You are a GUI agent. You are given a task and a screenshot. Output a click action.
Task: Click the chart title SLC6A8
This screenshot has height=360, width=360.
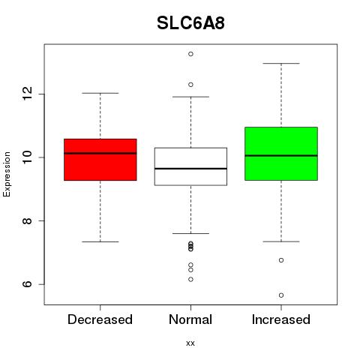190,23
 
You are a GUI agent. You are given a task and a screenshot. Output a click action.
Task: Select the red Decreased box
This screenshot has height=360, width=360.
100,160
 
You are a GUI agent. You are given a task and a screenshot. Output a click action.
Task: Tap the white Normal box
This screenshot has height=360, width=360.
190,166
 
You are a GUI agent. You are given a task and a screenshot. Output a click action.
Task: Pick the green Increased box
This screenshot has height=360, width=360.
281,154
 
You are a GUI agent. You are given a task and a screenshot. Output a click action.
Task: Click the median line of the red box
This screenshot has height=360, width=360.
100,153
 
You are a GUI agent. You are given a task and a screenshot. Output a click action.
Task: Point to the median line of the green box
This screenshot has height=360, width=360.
281,155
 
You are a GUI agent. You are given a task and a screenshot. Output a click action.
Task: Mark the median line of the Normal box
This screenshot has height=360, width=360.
190,169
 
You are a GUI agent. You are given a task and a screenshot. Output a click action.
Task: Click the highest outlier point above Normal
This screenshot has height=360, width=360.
190,54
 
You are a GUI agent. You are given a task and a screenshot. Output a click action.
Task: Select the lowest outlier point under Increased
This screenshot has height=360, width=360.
281,295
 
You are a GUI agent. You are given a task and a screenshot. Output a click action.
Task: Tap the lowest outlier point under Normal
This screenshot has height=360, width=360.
190,279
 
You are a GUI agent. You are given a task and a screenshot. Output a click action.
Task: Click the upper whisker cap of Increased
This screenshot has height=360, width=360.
281,64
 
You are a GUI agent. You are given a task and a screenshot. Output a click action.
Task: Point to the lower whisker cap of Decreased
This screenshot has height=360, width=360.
100,241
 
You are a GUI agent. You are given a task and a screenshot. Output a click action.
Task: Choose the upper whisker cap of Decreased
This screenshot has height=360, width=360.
100,93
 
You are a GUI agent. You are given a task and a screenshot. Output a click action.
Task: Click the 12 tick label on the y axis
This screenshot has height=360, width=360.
28,94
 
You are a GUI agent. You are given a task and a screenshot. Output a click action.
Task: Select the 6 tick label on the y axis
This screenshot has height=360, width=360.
28,284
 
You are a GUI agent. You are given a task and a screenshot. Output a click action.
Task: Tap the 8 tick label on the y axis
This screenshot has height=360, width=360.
28,220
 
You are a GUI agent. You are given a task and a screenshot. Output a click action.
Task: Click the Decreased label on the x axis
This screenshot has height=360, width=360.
100,319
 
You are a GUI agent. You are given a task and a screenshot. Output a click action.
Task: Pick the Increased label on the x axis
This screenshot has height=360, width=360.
281,319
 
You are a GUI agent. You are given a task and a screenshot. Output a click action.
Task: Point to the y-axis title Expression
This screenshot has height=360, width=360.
7,174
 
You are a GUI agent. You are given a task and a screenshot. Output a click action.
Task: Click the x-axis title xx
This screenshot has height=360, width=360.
190,343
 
